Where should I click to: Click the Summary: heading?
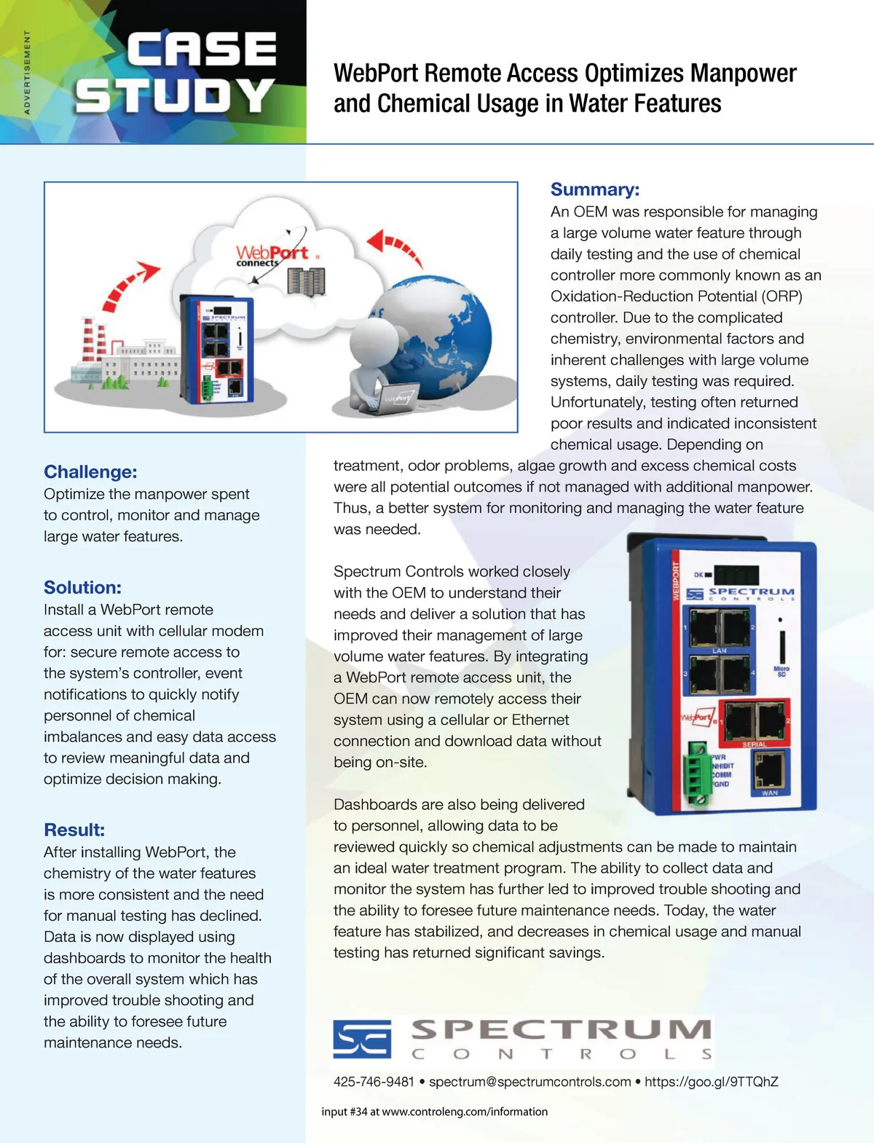pyautogui.click(x=594, y=189)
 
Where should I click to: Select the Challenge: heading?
pyautogui.click(x=90, y=472)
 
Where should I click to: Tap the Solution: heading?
pyautogui.click(x=82, y=588)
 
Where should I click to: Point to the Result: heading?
pyautogui.click(x=74, y=830)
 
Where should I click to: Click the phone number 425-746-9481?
pyautogui.click(x=374, y=1082)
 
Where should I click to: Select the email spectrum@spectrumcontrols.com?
pyautogui.click(x=529, y=1082)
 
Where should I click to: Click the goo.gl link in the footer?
pyautogui.click(x=711, y=1082)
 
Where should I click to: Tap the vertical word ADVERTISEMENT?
pyautogui.click(x=28, y=72)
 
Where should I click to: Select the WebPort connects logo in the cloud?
pyautogui.click(x=270, y=256)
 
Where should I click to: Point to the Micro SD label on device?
pyautogui.click(x=782, y=671)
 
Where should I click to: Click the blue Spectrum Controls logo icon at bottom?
pyautogui.click(x=362, y=1038)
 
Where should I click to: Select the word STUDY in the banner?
pyautogui.click(x=175, y=96)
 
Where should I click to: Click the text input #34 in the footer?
pyautogui.click(x=345, y=1112)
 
